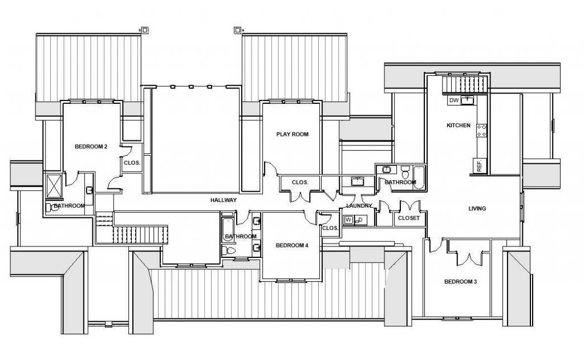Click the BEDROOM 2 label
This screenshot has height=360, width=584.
[91, 147]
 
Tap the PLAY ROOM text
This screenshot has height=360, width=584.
[292, 135]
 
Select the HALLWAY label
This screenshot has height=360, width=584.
[223, 200]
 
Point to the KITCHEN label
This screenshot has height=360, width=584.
[458, 126]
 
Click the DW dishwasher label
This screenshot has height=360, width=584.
[454, 100]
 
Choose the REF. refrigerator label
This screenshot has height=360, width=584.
[479, 166]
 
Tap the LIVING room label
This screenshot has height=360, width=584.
[477, 209]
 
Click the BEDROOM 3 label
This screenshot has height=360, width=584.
[460, 282]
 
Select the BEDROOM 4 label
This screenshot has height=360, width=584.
[291, 246]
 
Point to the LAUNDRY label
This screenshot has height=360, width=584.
[359, 205]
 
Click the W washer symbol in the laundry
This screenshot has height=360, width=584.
[347, 220]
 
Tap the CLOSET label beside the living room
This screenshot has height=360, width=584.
[408, 218]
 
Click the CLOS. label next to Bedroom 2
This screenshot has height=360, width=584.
[132, 162]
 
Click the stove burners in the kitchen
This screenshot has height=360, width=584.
[481, 131]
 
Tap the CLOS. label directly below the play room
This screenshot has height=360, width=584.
[299, 183]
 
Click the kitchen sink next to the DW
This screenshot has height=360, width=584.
[468, 100]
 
